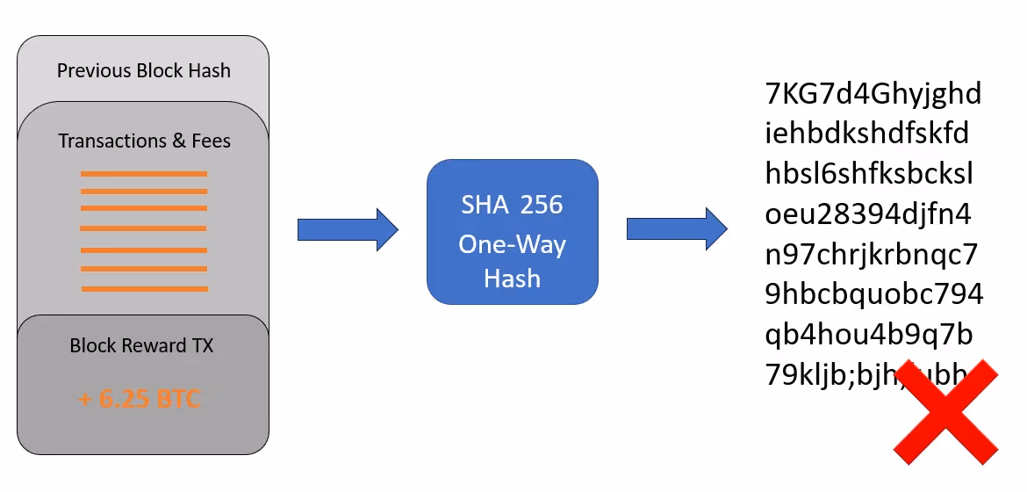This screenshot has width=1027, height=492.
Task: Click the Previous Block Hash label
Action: [144, 71]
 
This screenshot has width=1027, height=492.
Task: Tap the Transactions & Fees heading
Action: [145, 141]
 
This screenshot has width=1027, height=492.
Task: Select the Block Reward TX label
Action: [142, 346]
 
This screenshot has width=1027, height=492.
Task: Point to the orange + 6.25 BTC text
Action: [140, 400]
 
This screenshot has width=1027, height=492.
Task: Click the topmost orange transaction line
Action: [144, 174]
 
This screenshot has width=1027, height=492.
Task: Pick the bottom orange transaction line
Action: [144, 288]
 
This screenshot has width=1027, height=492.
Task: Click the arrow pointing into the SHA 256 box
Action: [348, 230]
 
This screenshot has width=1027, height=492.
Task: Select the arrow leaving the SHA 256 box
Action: [677, 230]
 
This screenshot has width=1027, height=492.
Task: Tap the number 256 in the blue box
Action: [541, 206]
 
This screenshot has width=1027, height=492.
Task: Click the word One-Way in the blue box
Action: [513, 243]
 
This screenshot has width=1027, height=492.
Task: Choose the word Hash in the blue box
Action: [512, 279]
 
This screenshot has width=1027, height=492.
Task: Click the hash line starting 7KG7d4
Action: [873, 93]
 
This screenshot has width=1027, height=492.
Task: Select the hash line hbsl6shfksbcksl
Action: [869, 174]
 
